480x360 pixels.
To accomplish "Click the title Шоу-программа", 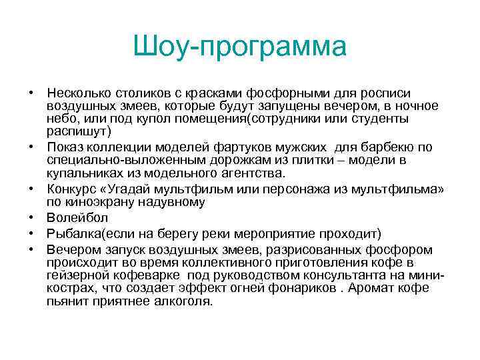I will point(240,47).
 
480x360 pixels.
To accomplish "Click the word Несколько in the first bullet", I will point(79,93).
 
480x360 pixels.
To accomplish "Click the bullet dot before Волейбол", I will point(31,217).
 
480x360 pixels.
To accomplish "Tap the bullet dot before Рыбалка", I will point(31,233).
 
